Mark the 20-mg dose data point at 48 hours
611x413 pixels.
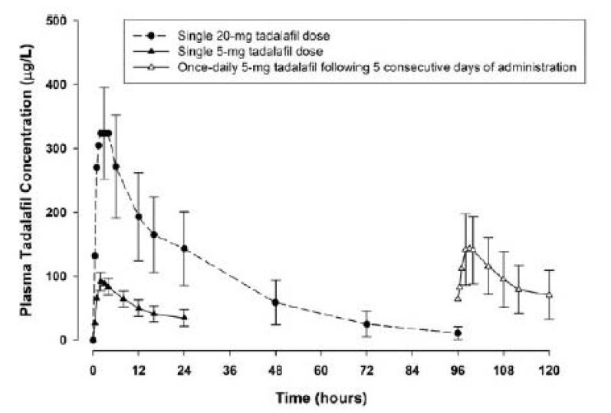pyautogui.click(x=275, y=302)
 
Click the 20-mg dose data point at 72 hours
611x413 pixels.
pyautogui.click(x=366, y=324)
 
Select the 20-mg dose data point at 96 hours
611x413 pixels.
pyautogui.click(x=458, y=333)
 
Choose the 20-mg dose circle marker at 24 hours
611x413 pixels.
pyautogui.click(x=184, y=248)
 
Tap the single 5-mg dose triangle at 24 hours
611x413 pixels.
pyautogui.click(x=184, y=317)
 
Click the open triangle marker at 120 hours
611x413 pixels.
pyautogui.click(x=549, y=295)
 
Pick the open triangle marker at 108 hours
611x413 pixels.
pyautogui.click(x=504, y=278)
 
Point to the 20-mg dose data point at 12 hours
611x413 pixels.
pyautogui.click(x=139, y=216)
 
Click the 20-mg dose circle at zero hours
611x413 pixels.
pyautogui.click(x=93, y=340)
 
